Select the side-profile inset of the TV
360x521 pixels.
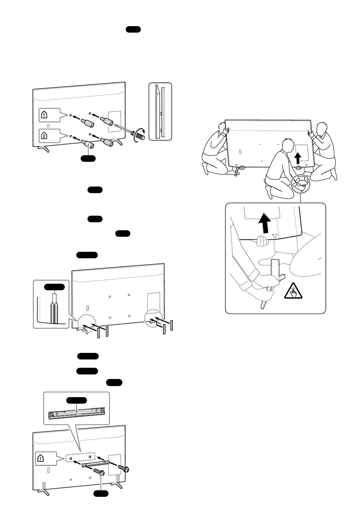click(160, 111)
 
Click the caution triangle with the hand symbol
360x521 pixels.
click(294, 292)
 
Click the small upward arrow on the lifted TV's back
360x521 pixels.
click(298, 157)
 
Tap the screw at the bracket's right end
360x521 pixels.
click(124, 469)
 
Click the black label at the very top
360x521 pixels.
click(133, 30)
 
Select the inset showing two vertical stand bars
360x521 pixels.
click(51, 304)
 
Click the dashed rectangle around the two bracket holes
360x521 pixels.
click(80, 457)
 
